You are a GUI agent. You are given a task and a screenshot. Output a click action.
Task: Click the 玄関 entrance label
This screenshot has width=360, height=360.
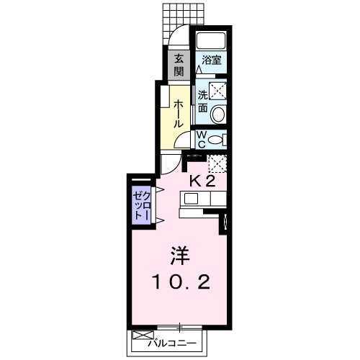tap(179, 65)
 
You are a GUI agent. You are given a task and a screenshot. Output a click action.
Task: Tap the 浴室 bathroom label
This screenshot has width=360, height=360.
tap(211, 60)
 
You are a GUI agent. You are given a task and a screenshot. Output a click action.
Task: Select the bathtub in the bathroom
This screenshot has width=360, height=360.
tap(211, 40)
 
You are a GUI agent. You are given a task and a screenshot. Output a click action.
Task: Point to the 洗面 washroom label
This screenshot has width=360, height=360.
tap(203, 102)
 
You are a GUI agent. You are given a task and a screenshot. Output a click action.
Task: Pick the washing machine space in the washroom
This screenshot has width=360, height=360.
tap(217, 91)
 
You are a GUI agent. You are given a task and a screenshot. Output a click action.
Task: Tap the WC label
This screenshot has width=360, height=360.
tap(202, 140)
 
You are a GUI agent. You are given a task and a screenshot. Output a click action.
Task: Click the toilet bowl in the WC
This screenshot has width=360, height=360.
tap(215, 140)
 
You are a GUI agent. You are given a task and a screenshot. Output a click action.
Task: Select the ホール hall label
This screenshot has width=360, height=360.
tap(179, 114)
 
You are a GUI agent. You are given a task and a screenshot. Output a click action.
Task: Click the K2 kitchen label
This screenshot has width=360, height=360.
tap(202, 181)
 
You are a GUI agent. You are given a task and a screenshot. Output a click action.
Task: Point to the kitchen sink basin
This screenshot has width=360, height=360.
tap(191, 199)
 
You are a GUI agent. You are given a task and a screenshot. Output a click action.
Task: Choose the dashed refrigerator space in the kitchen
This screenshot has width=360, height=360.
tap(217, 163)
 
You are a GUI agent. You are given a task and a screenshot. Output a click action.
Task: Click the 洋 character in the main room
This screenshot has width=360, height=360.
tap(180, 256)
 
